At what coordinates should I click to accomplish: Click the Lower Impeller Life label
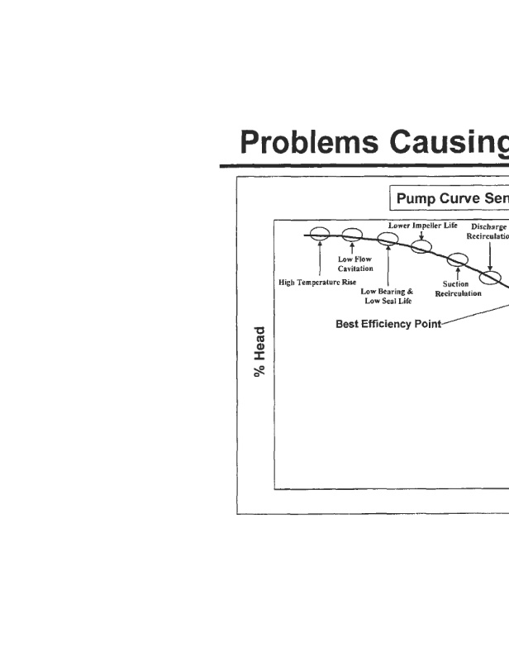pyautogui.click(x=422, y=225)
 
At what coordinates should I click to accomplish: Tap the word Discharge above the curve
pyautogui.click(x=490, y=226)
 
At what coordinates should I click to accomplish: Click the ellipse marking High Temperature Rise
pyautogui.click(x=319, y=235)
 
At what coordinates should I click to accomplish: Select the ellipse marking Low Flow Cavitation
pyautogui.click(x=352, y=236)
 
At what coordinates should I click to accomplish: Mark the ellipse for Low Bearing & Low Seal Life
pyautogui.click(x=388, y=240)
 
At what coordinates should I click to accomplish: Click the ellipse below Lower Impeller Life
pyautogui.click(x=421, y=246)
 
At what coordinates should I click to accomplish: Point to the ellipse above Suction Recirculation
pyautogui.click(x=457, y=259)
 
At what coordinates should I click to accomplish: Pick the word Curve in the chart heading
pyautogui.click(x=467, y=198)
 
